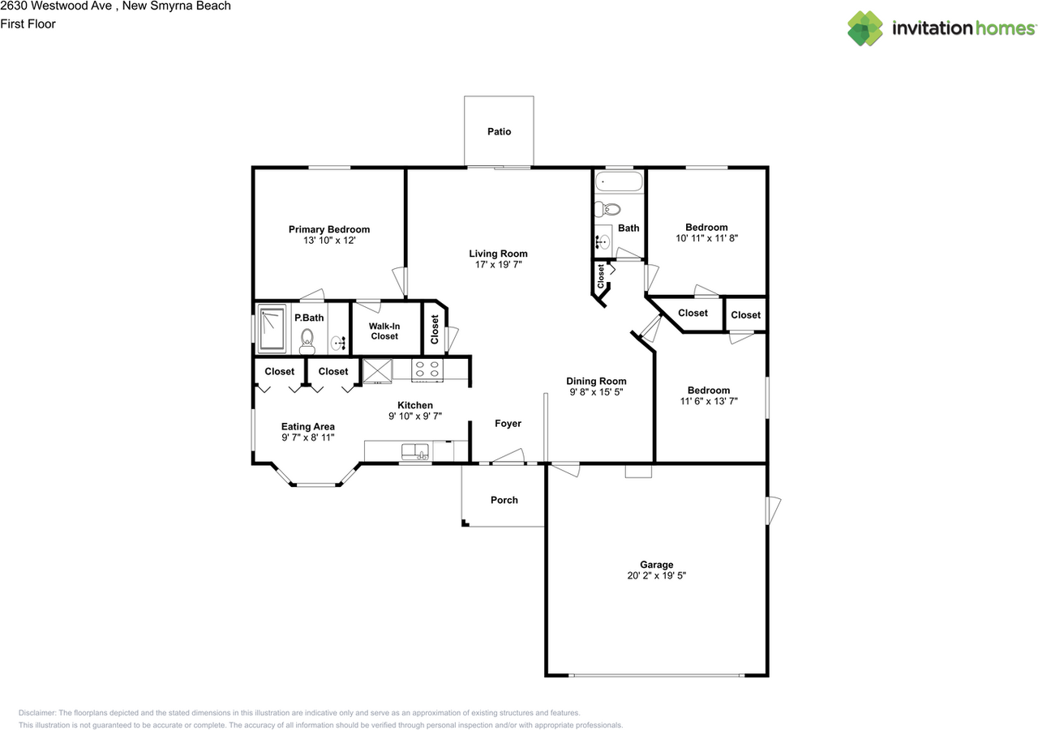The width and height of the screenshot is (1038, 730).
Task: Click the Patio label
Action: coord(499,131)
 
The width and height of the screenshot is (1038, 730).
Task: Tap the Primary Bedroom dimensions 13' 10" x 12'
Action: coord(328,241)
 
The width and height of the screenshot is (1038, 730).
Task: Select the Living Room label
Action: coord(498,254)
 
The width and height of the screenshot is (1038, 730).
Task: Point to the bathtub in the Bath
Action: coord(618,181)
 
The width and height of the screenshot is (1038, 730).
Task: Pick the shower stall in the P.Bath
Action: coord(272,328)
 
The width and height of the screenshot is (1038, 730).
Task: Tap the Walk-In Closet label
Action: coord(384,331)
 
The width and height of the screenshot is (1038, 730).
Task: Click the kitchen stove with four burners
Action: coord(428,369)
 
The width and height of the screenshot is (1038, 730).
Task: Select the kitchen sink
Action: coord(415,451)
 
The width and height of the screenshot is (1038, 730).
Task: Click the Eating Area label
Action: coord(307,427)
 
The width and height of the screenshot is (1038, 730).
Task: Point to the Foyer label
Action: coord(508,424)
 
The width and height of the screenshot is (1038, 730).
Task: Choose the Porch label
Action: coord(504,500)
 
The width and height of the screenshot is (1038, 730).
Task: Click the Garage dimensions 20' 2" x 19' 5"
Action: coord(656,575)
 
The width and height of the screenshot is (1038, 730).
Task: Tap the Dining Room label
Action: coord(596,381)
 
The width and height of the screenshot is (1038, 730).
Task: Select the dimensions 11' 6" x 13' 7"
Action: coord(708,401)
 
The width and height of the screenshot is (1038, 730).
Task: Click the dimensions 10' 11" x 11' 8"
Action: coord(706,238)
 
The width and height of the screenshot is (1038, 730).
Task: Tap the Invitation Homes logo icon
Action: coord(865,28)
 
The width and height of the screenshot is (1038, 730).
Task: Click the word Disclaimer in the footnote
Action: coord(37,711)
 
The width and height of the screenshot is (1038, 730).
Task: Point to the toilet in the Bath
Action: coord(605,210)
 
